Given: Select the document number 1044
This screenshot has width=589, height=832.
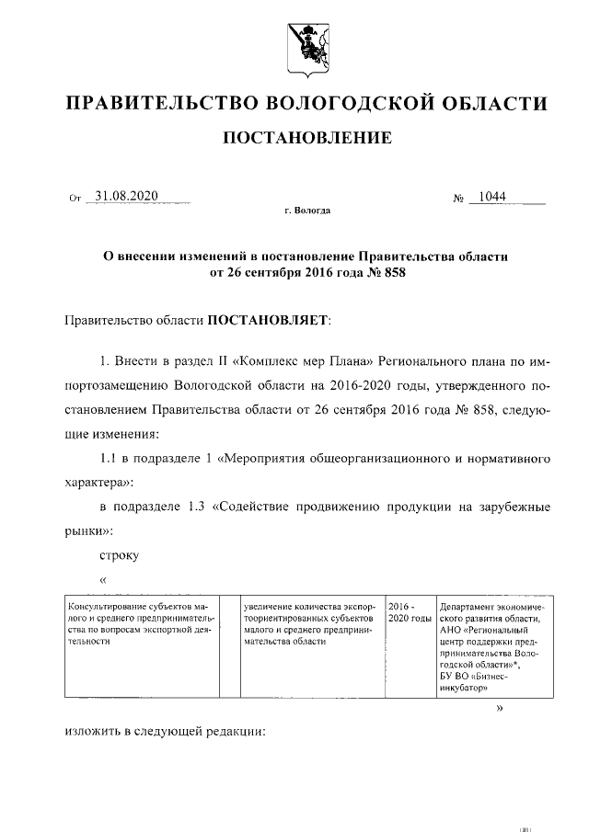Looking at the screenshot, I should [x=493, y=197].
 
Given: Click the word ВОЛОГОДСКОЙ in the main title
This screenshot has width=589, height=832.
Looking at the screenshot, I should [x=346, y=103].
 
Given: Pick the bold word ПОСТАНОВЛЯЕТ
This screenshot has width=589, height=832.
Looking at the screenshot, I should [x=268, y=321].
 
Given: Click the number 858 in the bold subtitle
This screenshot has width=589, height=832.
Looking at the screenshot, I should [x=387, y=272].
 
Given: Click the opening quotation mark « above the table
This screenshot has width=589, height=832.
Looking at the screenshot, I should [x=103, y=579].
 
